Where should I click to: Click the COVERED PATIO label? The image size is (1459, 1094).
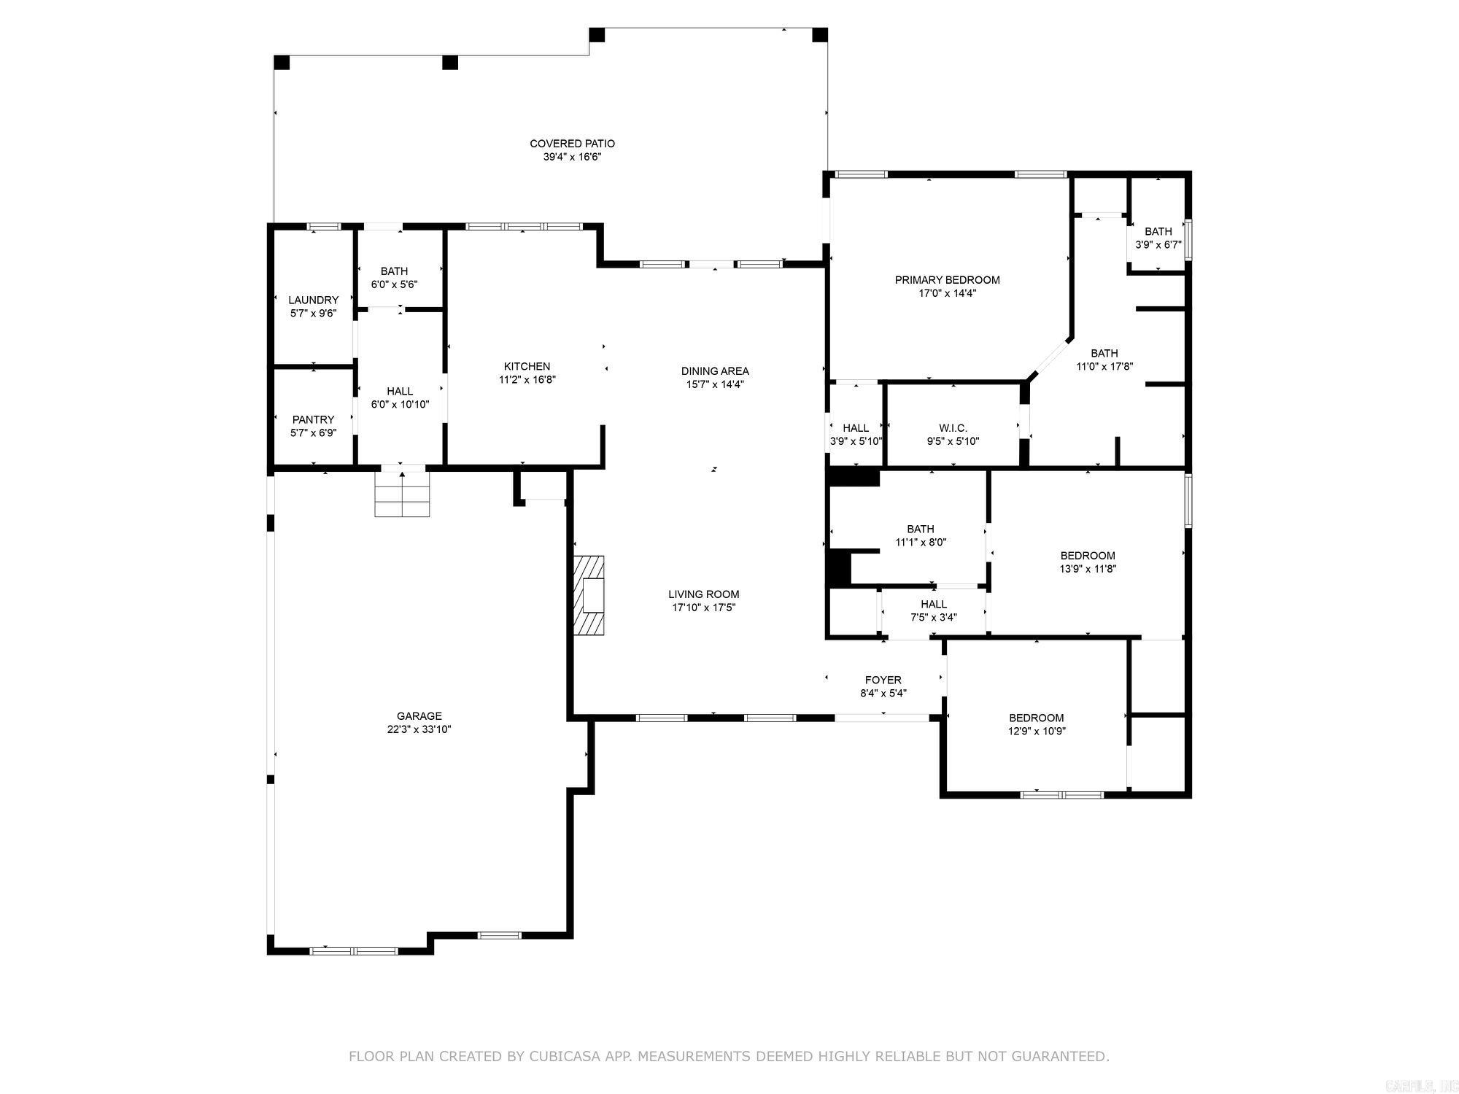click(x=572, y=144)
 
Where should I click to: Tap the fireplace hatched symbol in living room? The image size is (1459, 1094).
click(x=589, y=595)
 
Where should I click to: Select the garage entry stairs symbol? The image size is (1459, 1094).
click(x=401, y=494)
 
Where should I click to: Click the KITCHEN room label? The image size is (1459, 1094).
click(x=527, y=366)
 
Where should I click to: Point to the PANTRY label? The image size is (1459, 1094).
click(x=313, y=419)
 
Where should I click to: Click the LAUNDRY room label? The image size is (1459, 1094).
click(x=313, y=300)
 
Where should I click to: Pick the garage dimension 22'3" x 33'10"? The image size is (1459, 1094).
click(x=419, y=729)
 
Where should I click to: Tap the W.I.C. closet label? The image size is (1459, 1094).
click(x=953, y=428)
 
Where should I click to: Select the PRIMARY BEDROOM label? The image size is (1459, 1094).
click(x=947, y=280)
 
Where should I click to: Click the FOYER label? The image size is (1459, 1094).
click(x=883, y=680)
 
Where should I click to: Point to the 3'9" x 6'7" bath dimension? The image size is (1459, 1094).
click(x=1158, y=245)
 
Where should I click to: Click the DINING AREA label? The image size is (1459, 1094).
click(x=715, y=371)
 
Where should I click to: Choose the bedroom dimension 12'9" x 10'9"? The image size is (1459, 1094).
click(x=1036, y=731)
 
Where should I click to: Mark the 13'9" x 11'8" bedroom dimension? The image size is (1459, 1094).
click(x=1088, y=569)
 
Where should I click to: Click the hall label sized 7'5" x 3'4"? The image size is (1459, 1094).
click(x=933, y=604)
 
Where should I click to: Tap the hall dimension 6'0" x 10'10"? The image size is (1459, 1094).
click(x=400, y=405)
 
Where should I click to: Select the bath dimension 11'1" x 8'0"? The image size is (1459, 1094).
click(x=920, y=542)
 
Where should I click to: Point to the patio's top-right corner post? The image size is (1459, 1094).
click(x=819, y=35)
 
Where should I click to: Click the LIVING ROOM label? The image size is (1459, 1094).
click(x=703, y=594)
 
